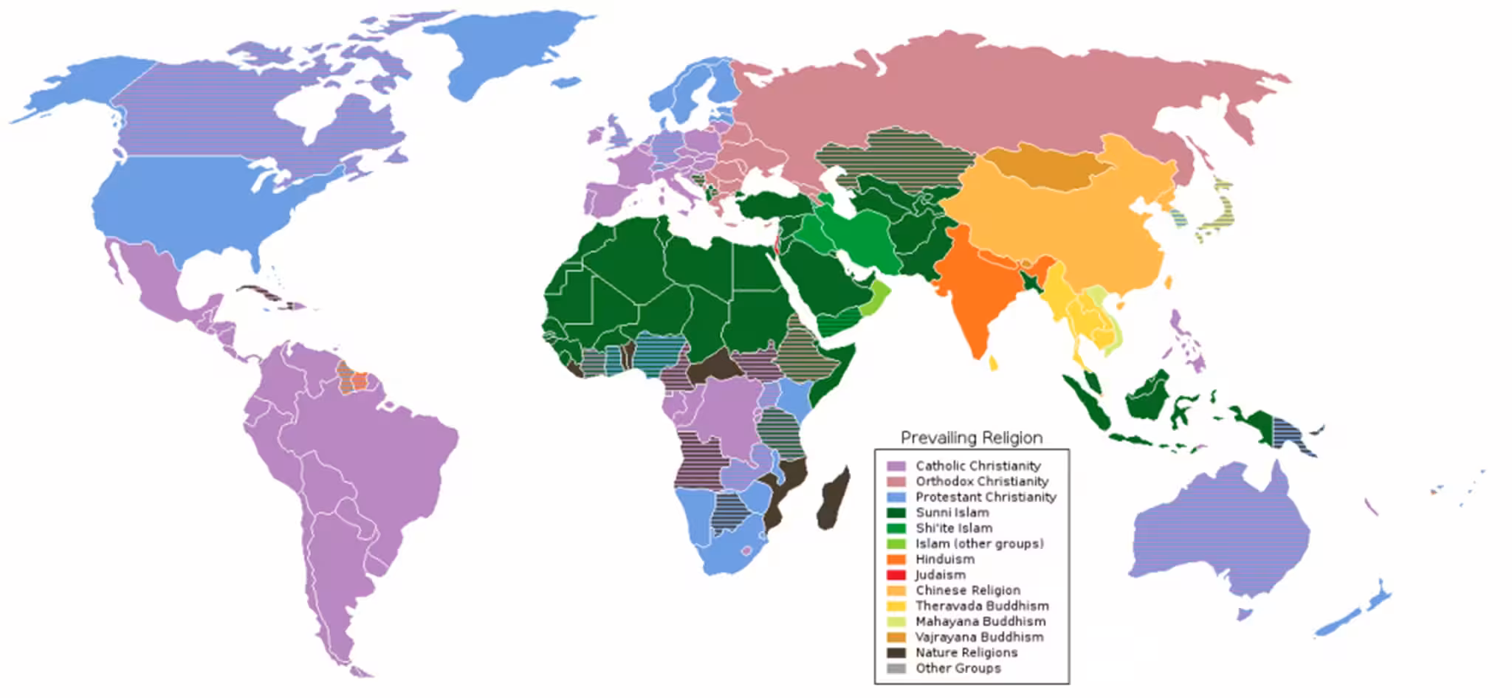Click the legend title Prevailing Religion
click(x=972, y=438)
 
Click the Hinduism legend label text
click(x=945, y=559)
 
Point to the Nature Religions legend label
click(x=966, y=652)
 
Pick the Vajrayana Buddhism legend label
click(x=979, y=637)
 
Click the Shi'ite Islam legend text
click(x=954, y=528)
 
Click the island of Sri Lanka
click(x=994, y=363)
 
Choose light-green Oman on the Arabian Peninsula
click(x=875, y=299)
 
